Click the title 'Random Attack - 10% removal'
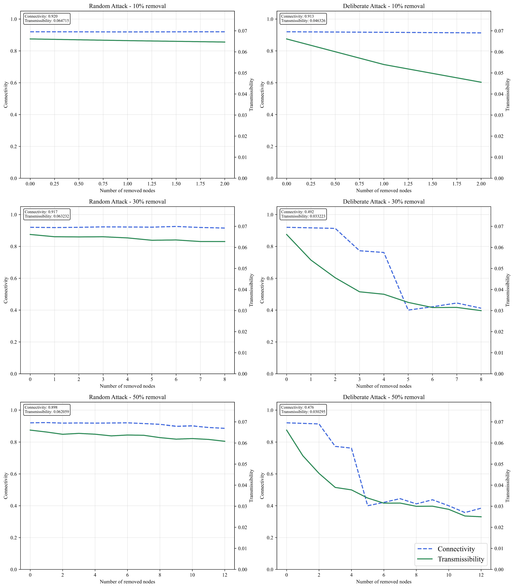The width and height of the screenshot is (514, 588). click(127, 6)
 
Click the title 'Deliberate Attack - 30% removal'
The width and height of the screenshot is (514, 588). click(384, 202)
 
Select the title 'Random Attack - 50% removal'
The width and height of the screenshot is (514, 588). click(127, 397)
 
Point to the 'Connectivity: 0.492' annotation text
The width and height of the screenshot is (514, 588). click(297, 212)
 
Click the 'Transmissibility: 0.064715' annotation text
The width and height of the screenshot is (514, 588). click(47, 21)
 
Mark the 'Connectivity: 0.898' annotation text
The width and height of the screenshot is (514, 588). click(41, 407)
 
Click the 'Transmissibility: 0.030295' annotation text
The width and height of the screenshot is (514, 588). click(303, 412)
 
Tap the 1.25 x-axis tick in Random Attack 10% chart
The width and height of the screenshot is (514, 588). click(152, 184)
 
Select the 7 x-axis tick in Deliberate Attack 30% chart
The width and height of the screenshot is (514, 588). click(457, 379)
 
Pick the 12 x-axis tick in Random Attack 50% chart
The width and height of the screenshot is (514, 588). click(225, 575)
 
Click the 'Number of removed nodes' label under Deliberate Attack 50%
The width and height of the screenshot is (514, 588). click(384, 582)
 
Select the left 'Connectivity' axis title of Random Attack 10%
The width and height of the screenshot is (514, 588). click(6, 95)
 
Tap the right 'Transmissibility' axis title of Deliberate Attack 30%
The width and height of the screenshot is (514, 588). click(508, 290)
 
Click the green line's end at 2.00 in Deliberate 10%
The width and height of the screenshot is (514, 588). click(481, 82)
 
